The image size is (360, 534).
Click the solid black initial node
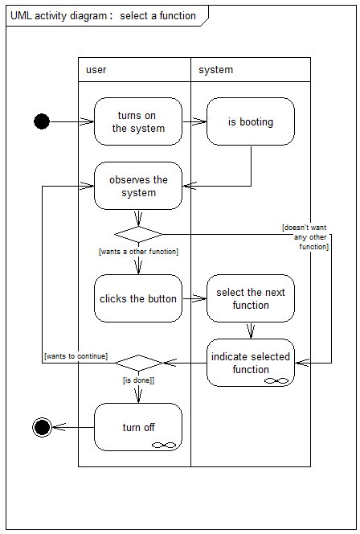tap(42, 121)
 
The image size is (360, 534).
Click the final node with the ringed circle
tap(43, 427)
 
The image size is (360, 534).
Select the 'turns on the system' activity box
tap(138, 121)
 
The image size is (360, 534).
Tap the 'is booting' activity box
tap(251, 121)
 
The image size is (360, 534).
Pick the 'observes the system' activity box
tap(138, 186)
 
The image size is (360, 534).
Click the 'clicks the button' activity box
tap(138, 298)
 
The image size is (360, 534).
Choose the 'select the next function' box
tap(251, 298)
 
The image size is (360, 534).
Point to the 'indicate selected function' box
tap(251, 363)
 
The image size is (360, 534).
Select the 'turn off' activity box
tap(138, 427)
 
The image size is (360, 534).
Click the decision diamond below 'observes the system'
tap(138, 234)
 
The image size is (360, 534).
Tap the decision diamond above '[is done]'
tap(138, 363)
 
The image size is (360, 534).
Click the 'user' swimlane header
tap(134, 69)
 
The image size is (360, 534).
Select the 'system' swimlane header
tap(251, 69)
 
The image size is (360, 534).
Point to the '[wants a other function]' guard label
tap(138, 252)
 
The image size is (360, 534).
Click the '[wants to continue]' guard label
tap(76, 356)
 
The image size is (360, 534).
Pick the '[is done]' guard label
tap(138, 380)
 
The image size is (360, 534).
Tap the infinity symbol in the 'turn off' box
tap(164, 445)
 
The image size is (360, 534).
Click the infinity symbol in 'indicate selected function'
tap(276, 380)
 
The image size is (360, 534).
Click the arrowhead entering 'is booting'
tap(200, 121)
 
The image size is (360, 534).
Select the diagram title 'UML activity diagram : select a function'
tap(103, 15)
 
